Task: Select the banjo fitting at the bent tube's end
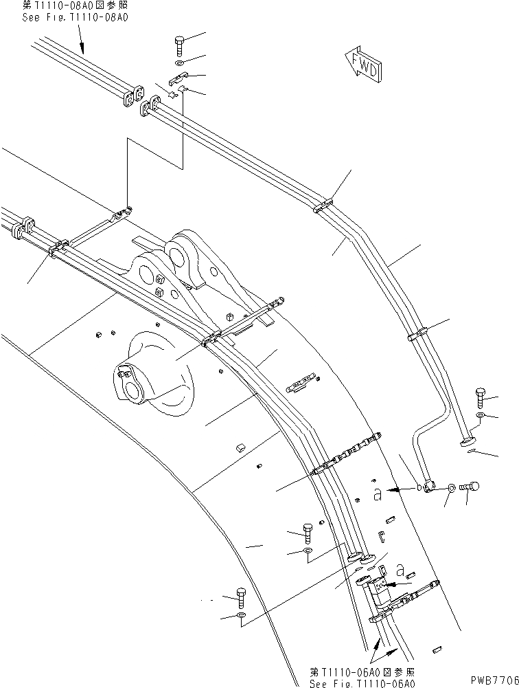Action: pyautogui.click(x=429, y=486)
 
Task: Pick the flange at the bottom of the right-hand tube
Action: pyautogui.click(x=469, y=440)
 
